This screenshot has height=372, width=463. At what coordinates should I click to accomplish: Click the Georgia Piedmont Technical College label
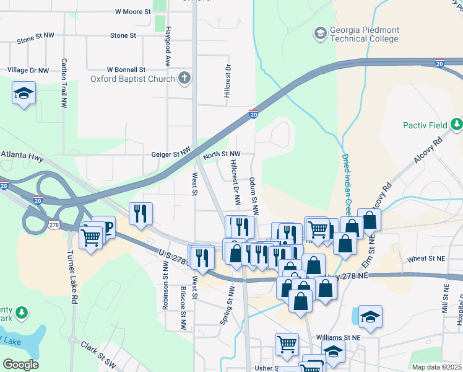pyautogui.click(x=365, y=34)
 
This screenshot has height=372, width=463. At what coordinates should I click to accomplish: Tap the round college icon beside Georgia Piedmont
pyautogui.click(x=320, y=32)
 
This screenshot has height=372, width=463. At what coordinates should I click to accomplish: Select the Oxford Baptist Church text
pyautogui.click(x=132, y=79)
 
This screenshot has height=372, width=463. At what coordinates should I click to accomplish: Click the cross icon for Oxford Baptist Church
pyautogui.click(x=184, y=78)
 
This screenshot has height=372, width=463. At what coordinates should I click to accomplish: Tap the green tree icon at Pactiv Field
pyautogui.click(x=457, y=125)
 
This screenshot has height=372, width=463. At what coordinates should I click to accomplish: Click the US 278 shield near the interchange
pyautogui.click(x=54, y=224)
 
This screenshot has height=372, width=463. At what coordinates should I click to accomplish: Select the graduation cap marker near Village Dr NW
pyautogui.click(x=24, y=94)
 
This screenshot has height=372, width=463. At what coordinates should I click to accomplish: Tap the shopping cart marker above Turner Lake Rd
pyautogui.click(x=91, y=237)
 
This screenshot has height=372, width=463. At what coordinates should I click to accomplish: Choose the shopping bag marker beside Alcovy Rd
pyautogui.click(x=369, y=220)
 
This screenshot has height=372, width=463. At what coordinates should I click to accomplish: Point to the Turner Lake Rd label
pyautogui.click(x=74, y=286)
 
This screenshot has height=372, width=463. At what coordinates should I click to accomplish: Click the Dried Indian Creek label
pyautogui.click(x=347, y=179)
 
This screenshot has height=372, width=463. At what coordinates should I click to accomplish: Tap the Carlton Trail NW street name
pyautogui.click(x=64, y=83)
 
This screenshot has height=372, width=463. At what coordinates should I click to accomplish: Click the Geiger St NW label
pyautogui.click(x=171, y=154)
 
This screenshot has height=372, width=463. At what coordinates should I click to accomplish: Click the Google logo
pyautogui.click(x=20, y=365)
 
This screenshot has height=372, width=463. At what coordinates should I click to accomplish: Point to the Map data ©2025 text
pyautogui.click(x=437, y=367)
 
